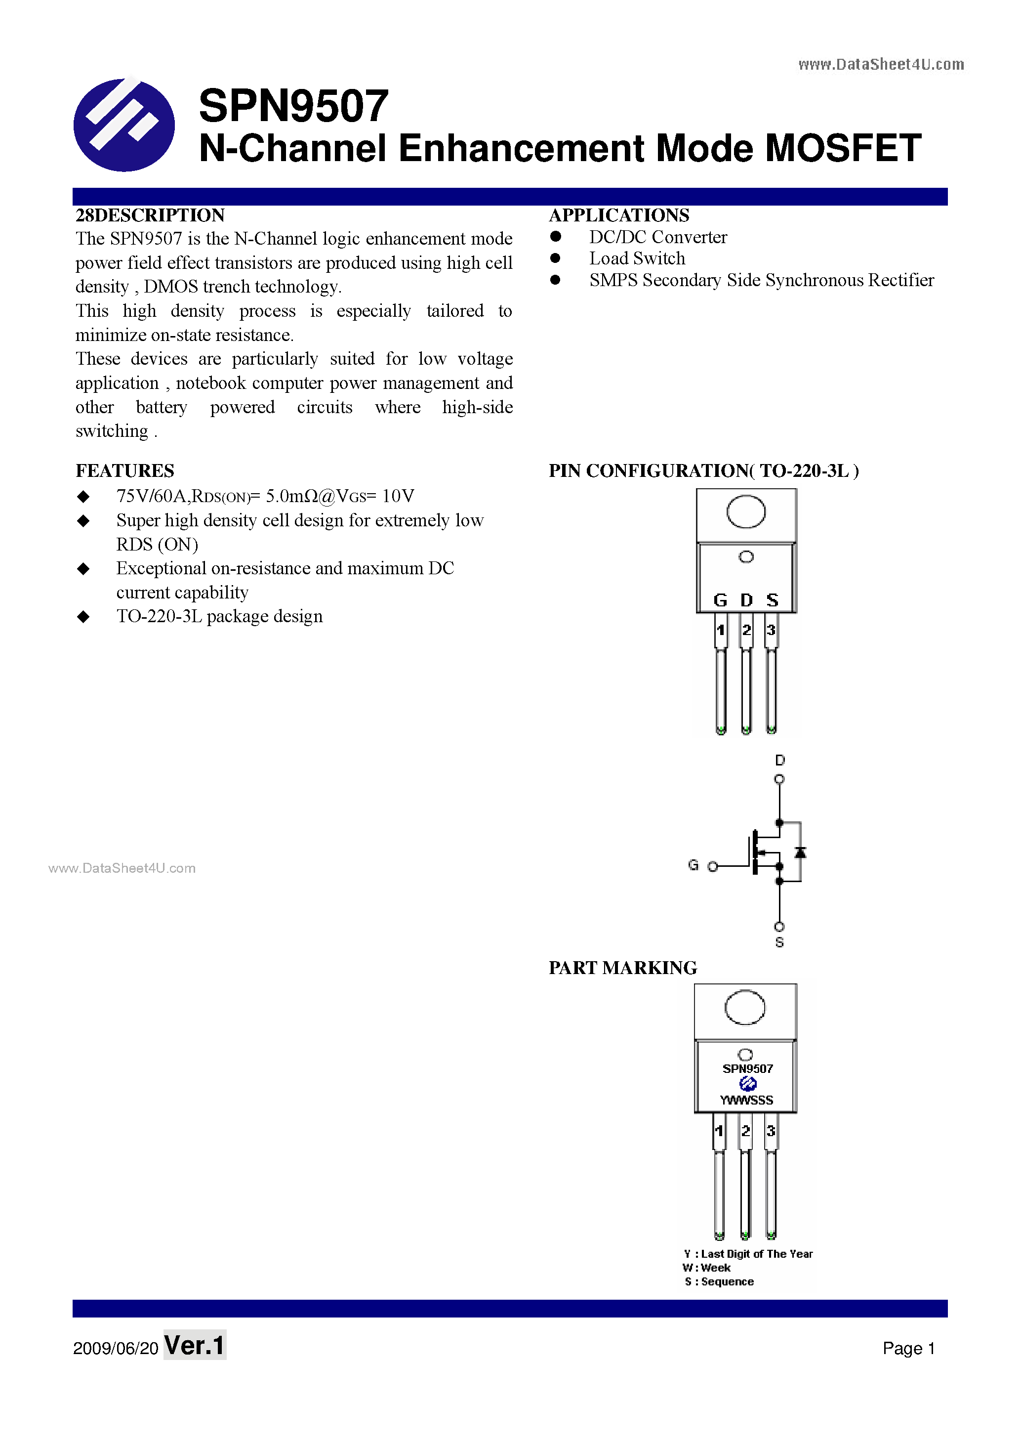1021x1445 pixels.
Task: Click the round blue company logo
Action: (x=124, y=125)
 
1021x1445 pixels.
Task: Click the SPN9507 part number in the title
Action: (x=293, y=106)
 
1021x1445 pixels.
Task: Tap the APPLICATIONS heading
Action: (x=618, y=215)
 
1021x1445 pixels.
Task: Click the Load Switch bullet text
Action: (x=637, y=258)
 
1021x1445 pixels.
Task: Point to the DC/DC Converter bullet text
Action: (x=657, y=237)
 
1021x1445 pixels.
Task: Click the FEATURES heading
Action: (x=124, y=471)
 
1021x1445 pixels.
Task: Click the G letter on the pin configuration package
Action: (x=720, y=600)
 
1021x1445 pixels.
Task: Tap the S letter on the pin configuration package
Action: (x=772, y=600)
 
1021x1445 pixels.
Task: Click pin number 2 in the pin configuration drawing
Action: (x=746, y=630)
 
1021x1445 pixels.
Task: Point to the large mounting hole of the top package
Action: (x=745, y=511)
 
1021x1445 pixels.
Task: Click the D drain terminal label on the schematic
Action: (x=779, y=760)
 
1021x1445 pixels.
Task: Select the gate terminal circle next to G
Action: (x=713, y=867)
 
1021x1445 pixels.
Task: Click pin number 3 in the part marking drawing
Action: (x=771, y=1131)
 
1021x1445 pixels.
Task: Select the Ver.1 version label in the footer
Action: (x=195, y=1346)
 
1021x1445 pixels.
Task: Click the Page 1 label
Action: (x=908, y=1348)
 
